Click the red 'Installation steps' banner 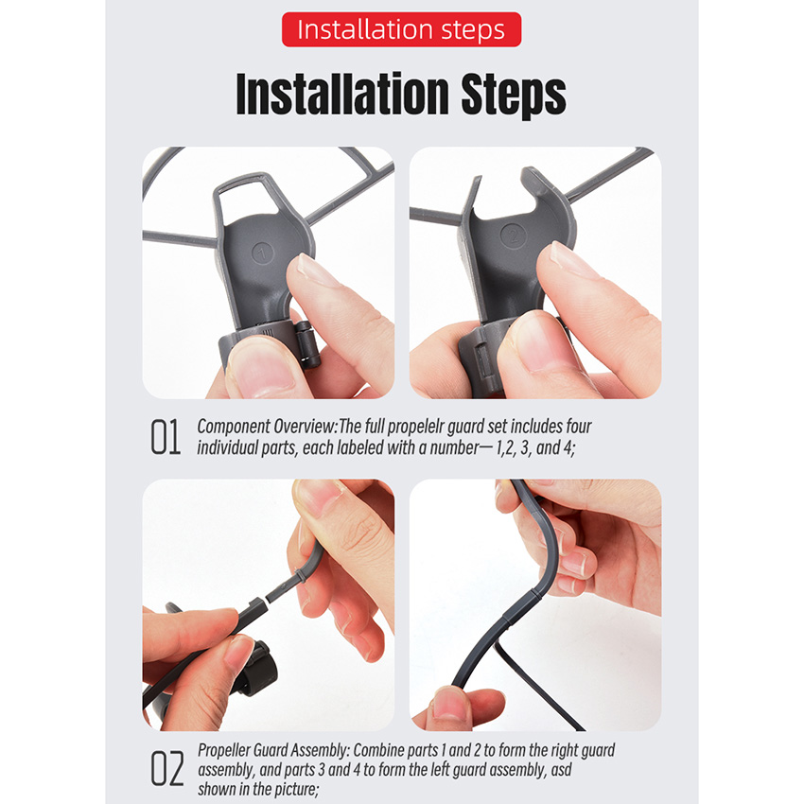(401, 29)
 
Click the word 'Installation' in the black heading (342, 94)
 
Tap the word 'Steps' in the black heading (514, 96)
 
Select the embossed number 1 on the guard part (263, 253)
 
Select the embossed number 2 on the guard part (514, 236)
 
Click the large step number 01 (166, 437)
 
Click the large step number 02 (166, 769)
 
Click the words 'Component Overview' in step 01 (266, 427)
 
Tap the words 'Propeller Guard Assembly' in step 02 (273, 751)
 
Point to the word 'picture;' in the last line (296, 789)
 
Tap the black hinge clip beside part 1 (307, 344)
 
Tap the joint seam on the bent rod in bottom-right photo (534, 595)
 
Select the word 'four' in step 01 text (578, 427)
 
